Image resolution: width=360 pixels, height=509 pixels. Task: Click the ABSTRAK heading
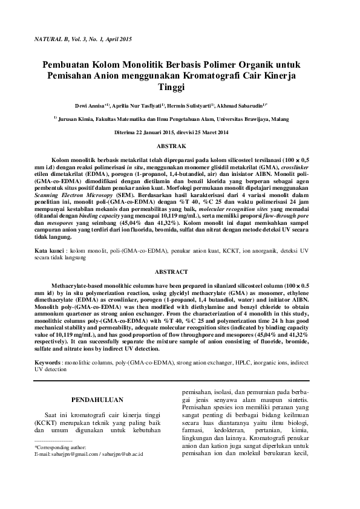(x=179, y=146)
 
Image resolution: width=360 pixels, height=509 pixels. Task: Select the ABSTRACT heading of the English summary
(x=179, y=272)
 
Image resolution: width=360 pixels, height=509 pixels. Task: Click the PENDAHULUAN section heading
(x=97, y=400)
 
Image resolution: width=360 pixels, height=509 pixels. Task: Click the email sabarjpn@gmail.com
(x=73, y=453)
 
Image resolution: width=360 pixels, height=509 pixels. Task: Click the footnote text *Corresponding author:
(x=61, y=447)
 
